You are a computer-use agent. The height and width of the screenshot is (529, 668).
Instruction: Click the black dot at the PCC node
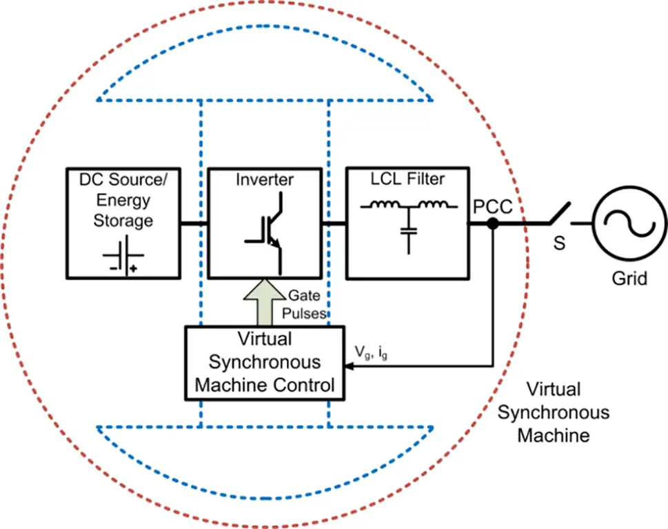492,223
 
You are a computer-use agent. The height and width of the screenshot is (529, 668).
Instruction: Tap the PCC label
492,206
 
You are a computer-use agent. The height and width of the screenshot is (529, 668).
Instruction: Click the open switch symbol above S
559,214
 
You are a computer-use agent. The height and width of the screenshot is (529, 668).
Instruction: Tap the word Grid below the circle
629,279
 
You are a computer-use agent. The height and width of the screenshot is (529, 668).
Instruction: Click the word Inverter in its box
265,180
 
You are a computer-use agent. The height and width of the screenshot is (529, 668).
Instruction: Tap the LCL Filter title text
407,179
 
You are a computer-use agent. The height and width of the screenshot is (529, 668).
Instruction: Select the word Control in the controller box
304,384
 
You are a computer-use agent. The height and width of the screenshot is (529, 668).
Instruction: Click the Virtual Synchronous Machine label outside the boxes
554,412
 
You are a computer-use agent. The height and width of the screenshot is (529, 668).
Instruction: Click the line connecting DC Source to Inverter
194,223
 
